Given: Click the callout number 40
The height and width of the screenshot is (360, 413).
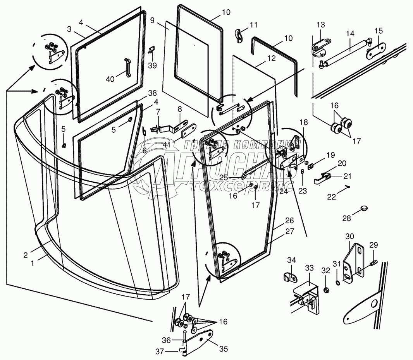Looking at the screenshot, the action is [x=110, y=79].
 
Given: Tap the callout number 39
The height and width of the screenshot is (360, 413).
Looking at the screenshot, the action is [x=152, y=65].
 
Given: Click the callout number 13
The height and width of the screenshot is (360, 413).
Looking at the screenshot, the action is [x=321, y=25].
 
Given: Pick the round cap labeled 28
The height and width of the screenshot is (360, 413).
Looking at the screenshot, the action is [x=364, y=208].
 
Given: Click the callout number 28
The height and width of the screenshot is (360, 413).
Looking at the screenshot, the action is [x=347, y=218].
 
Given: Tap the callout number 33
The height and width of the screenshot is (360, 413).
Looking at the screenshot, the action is [x=309, y=268].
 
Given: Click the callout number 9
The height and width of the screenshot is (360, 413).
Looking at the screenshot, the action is [x=152, y=20].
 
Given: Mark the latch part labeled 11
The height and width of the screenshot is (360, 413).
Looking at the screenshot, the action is [x=239, y=36].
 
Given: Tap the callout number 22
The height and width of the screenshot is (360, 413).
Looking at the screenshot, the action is [x=331, y=197].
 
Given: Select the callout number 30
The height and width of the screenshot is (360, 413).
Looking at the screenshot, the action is [x=350, y=236].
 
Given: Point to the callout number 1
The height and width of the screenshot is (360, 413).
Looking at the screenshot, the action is [x=33, y=263].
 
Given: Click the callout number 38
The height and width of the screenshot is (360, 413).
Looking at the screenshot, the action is [x=152, y=93].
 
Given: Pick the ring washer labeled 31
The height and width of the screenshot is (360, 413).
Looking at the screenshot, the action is [x=338, y=283].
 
